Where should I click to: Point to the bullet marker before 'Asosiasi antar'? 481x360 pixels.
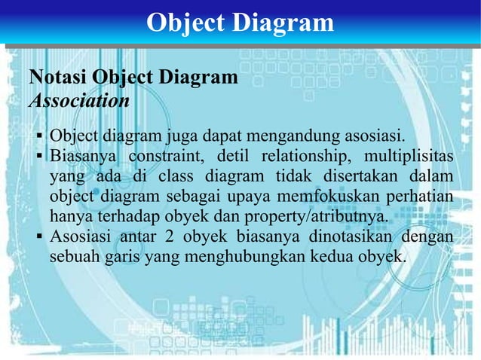(40, 237)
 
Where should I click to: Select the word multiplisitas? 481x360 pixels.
(409, 157)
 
